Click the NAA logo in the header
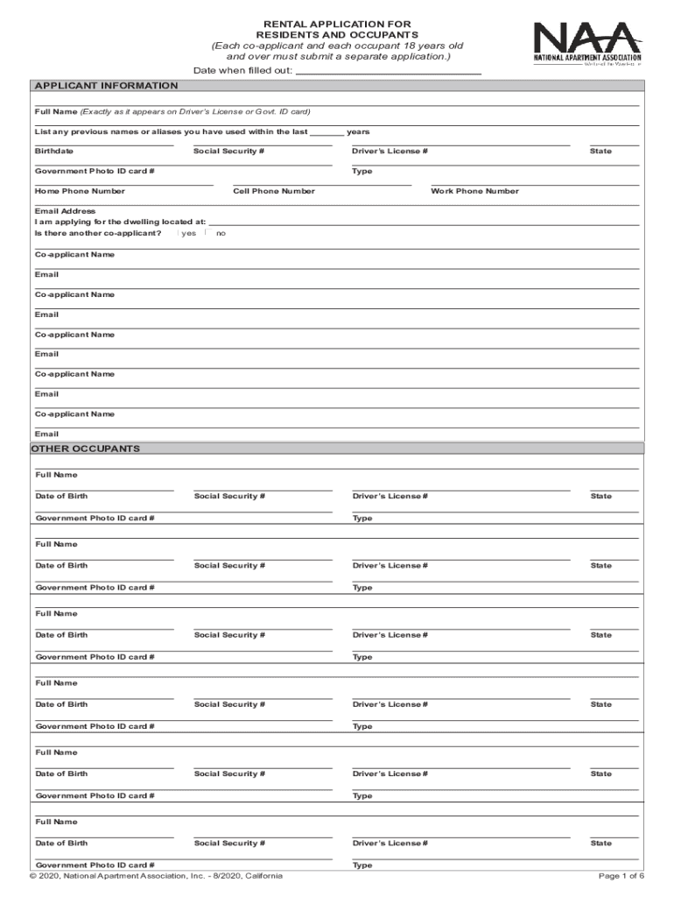[587, 44]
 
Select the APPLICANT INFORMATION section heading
[106, 86]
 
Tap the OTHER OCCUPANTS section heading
[86, 448]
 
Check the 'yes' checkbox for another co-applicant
[178, 233]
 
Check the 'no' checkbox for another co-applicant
[207, 233]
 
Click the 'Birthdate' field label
[54, 152]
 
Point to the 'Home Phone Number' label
[80, 191]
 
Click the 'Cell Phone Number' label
[274, 191]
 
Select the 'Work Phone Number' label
[474, 191]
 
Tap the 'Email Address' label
[66, 211]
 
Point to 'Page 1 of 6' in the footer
[621, 876]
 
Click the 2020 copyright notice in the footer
[156, 876]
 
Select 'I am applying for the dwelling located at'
[121, 222]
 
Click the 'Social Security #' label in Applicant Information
[228, 152]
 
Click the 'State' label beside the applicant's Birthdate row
[600, 152]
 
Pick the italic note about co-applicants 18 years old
[337, 51]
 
